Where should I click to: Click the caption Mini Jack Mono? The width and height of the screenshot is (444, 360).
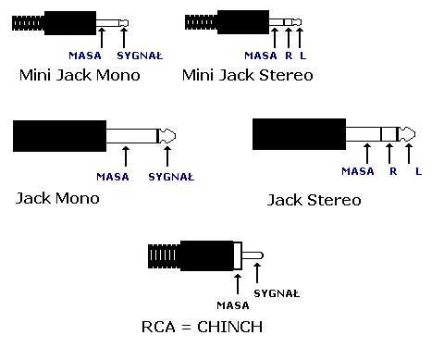tap(80, 75)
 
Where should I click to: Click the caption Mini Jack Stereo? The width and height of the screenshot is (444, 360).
tap(247, 75)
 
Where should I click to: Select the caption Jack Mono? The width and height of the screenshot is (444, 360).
tap(57, 198)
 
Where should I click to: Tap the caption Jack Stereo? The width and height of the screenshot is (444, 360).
tap(314, 200)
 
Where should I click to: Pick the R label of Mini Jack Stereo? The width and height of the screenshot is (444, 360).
tap(288, 55)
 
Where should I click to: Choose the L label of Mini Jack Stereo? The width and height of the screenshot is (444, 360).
tap(302, 55)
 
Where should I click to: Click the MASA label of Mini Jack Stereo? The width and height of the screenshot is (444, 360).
tap(259, 55)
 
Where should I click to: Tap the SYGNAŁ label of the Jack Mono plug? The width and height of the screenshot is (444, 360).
tap(172, 176)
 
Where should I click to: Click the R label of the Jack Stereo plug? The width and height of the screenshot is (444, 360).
tap(392, 170)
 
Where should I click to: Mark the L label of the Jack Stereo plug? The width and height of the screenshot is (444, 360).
tap(418, 170)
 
